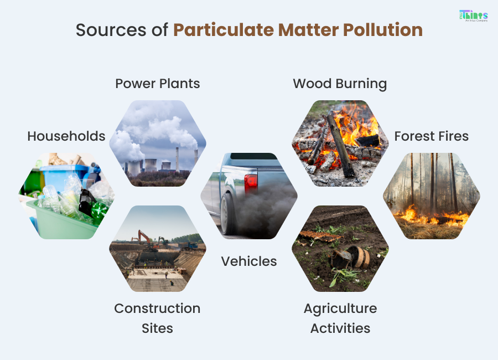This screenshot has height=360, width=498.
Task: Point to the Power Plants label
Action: [158, 84]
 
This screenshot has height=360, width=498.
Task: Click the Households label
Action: [66, 136]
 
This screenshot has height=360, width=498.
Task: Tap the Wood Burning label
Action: [340, 84]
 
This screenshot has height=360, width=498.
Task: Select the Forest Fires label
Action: [432, 136]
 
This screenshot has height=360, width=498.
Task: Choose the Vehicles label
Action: [249, 261]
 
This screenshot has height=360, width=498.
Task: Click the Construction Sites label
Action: [158, 318]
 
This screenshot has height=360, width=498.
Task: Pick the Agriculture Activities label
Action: [340, 318]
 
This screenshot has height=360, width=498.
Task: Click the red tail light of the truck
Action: [251, 182]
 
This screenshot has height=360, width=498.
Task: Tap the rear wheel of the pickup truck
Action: [229, 213]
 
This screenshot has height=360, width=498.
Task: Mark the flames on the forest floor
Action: [421, 215]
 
